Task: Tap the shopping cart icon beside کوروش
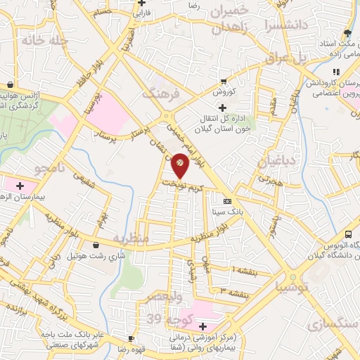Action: coord(224,81)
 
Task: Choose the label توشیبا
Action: coord(292,286)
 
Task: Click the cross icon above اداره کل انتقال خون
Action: coord(223,108)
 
